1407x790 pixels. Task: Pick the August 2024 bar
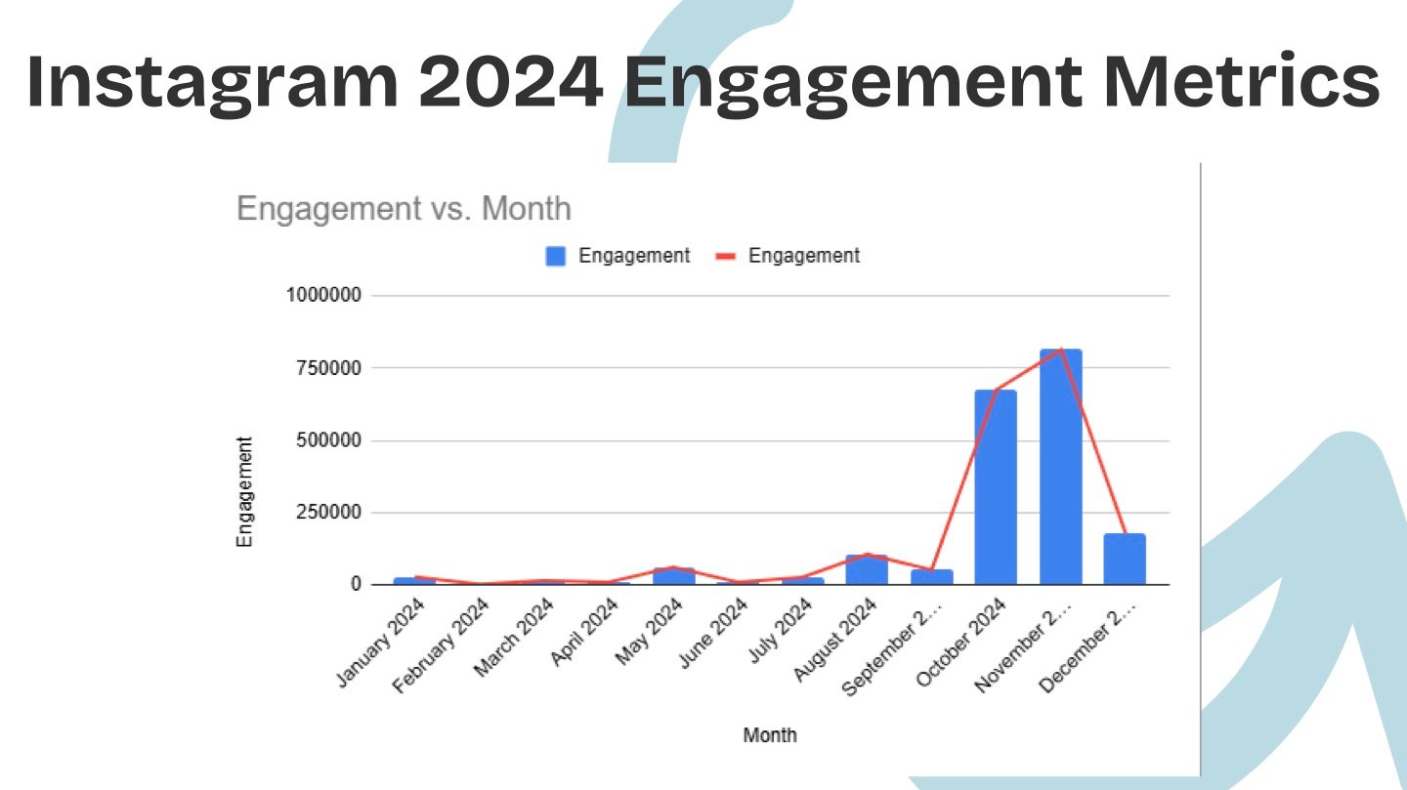click(x=867, y=570)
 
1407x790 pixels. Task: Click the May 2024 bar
click(x=673, y=576)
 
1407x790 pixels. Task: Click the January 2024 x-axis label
click(x=382, y=644)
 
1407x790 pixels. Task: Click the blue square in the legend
click(x=556, y=257)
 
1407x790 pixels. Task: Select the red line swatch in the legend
click(x=726, y=257)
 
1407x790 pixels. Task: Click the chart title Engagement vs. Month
click(x=404, y=209)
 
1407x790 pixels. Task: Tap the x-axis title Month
click(x=770, y=735)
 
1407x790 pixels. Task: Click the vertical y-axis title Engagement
click(x=244, y=492)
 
